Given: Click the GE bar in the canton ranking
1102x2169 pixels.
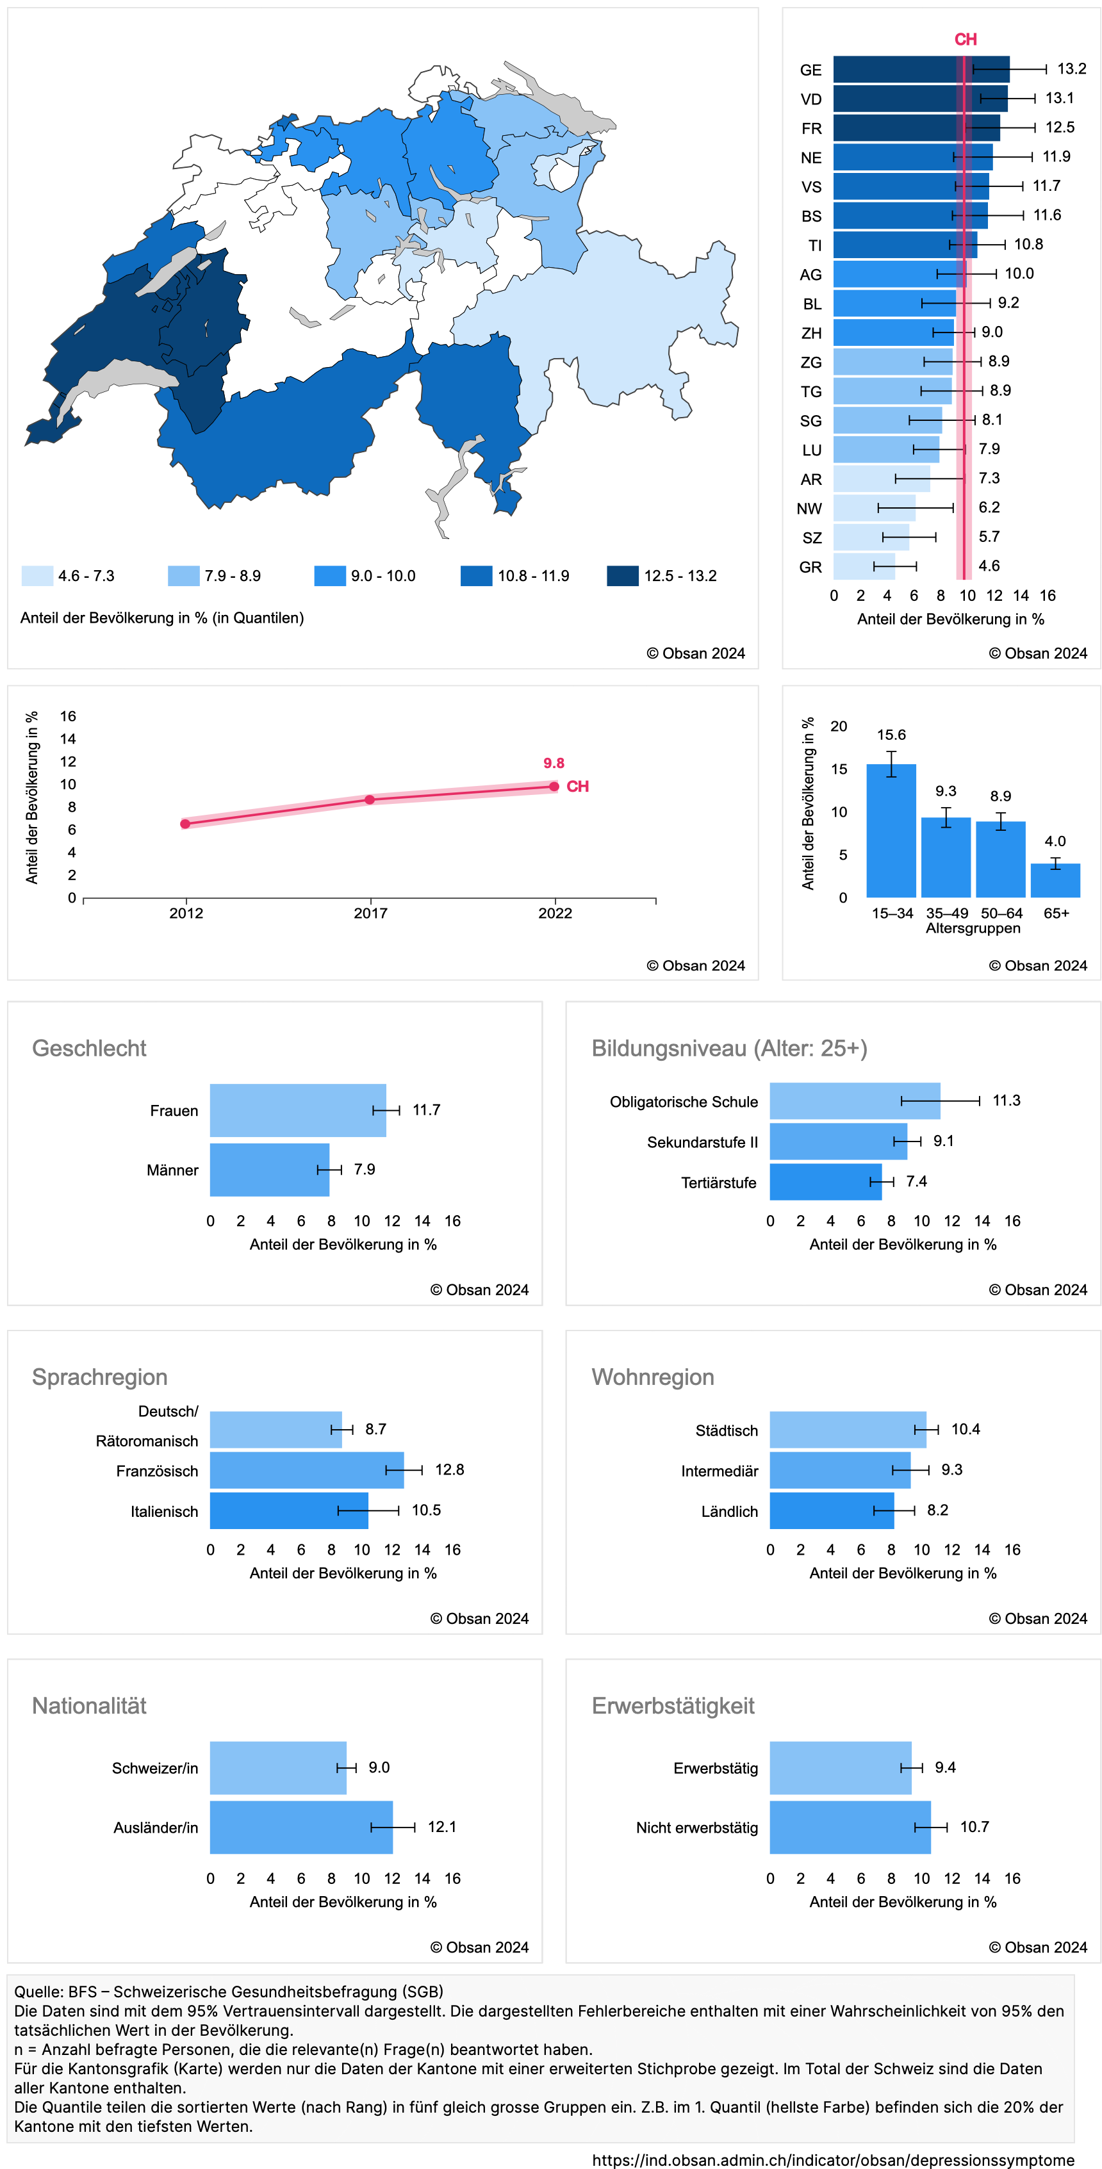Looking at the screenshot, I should point(917,70).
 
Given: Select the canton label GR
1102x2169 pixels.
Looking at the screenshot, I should point(810,567).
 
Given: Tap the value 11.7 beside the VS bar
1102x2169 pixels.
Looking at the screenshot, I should point(1046,186).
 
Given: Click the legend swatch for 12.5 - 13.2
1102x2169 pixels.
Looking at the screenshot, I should point(622,576).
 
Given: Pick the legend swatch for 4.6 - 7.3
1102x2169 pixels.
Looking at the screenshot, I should point(37,576).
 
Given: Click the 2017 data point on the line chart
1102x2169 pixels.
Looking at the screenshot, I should point(370,799).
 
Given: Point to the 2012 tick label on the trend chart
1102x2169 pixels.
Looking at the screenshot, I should point(186,913).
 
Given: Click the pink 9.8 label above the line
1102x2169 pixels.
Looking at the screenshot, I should point(553,763).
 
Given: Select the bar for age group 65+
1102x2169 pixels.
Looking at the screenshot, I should point(1055,880).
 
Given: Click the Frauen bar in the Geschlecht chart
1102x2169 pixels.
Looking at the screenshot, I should point(297,1109).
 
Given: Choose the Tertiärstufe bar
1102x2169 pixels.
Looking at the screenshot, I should point(825,1181).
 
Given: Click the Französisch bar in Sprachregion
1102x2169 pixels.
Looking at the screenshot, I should point(306,1469).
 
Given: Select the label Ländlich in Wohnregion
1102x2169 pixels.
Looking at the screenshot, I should point(729,1511).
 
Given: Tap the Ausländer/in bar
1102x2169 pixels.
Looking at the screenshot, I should point(300,1827).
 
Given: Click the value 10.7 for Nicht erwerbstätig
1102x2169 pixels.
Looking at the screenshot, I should point(974,1826).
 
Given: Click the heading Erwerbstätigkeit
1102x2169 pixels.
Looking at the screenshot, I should point(673,1705).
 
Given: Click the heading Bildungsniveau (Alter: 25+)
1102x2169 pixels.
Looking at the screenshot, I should point(729,1048).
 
